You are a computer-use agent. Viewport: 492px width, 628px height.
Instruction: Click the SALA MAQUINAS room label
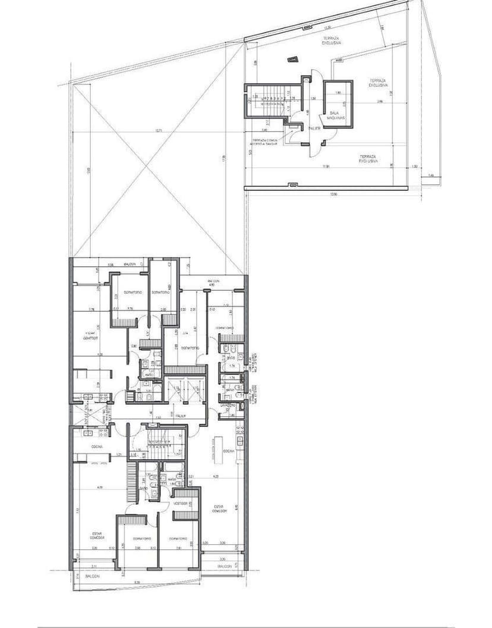[x=332, y=116]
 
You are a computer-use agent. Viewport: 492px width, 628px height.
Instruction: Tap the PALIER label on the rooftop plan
[x=314, y=128]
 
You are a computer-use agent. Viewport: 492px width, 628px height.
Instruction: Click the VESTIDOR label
[x=181, y=503]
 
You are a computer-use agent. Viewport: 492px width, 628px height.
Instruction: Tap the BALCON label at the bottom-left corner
[x=92, y=576]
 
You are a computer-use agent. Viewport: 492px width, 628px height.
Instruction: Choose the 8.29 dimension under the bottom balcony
[x=137, y=582]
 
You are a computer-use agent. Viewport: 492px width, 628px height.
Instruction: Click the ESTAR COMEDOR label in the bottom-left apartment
[x=98, y=535]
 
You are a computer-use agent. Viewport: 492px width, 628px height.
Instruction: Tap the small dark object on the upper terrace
[x=292, y=59]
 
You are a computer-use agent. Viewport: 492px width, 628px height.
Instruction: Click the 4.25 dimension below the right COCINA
[x=216, y=476]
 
